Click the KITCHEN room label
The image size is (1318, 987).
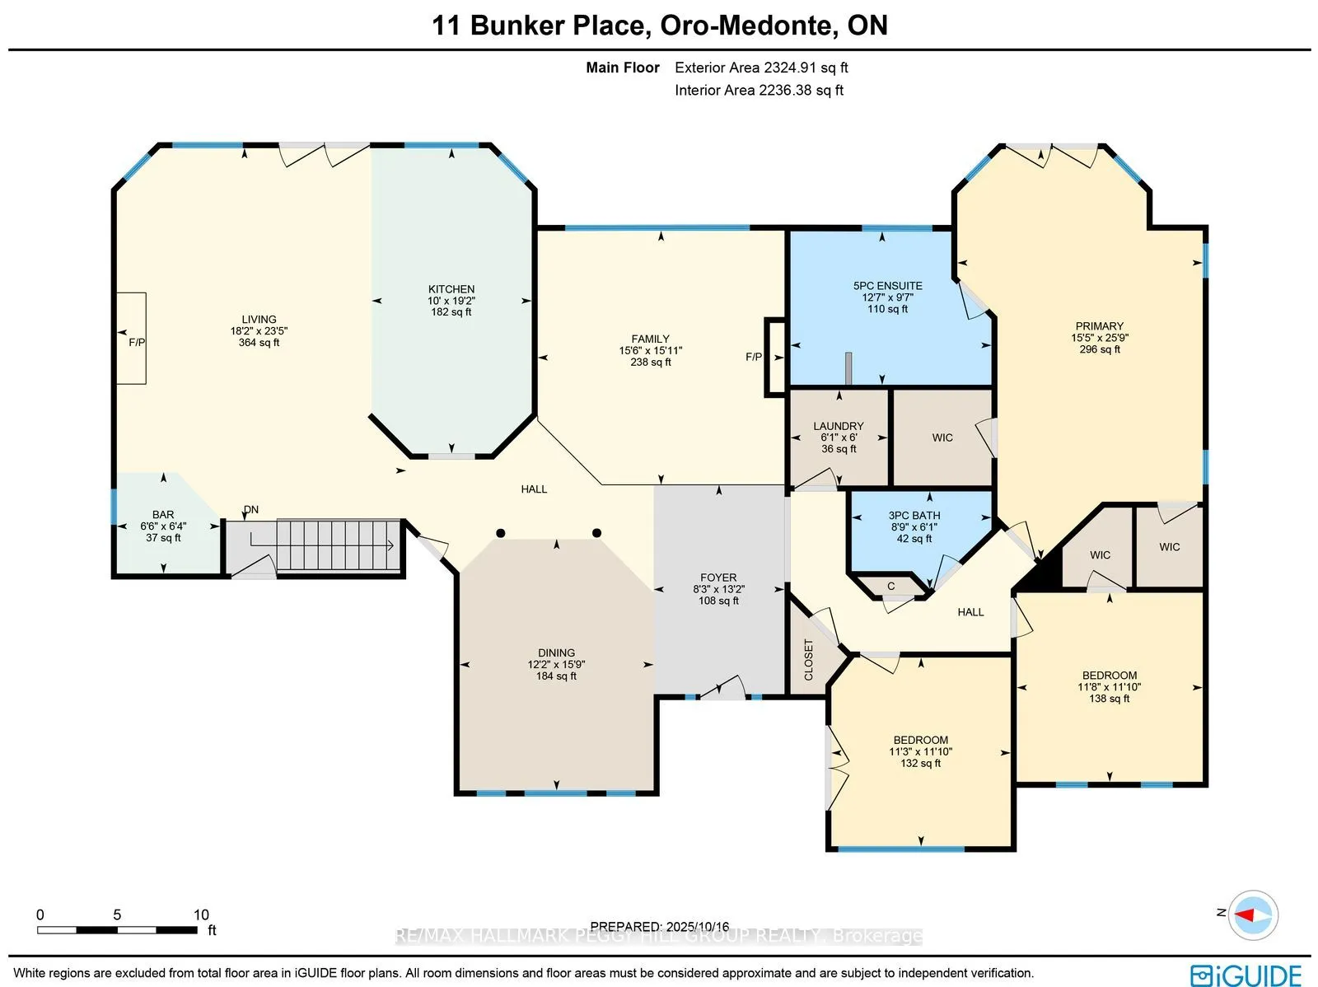click(451, 289)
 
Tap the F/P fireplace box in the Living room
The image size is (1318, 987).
click(132, 339)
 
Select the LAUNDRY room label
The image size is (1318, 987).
click(839, 426)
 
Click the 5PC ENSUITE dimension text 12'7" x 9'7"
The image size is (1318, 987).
click(887, 297)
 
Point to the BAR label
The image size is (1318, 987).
click(163, 515)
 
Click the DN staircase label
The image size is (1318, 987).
click(251, 510)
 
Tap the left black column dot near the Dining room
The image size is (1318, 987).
click(501, 533)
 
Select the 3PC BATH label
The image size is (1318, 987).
click(914, 516)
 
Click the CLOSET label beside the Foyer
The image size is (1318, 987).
click(809, 659)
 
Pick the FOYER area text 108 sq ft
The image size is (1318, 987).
click(718, 601)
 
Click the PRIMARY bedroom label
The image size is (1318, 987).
click(1099, 326)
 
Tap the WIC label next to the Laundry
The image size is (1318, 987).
click(942, 437)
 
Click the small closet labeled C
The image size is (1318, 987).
click(891, 587)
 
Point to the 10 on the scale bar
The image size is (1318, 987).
click(201, 914)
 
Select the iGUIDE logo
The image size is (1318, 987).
click(1246, 975)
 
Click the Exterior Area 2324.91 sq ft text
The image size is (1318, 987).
click(761, 68)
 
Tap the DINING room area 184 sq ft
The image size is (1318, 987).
click(556, 676)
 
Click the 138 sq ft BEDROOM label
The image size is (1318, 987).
click(1109, 699)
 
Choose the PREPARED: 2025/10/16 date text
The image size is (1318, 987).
click(660, 927)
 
